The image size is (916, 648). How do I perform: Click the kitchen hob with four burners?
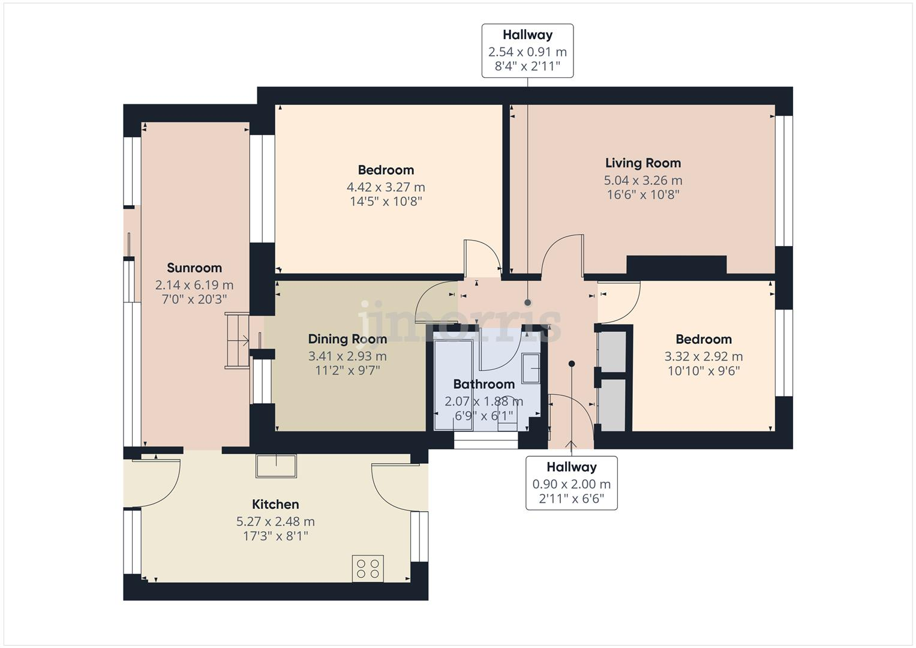coord(368,568)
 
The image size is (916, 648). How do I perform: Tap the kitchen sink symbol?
coord(276,466)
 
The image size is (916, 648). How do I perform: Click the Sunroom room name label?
coord(194,268)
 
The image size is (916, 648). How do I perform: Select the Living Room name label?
coord(642,163)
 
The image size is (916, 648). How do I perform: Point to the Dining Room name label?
coord(347,340)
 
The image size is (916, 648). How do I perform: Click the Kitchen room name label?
coord(275,505)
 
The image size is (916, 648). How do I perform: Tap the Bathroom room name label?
coord(483,385)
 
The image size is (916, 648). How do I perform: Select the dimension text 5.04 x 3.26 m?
coord(642,180)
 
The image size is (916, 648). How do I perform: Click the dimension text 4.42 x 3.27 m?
coord(386,187)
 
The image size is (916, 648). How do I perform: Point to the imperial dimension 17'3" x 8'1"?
coord(275,536)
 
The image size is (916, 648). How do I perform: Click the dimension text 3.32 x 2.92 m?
coord(703,356)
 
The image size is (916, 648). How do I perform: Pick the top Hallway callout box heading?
coord(527,35)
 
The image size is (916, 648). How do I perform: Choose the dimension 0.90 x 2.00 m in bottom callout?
coord(571,484)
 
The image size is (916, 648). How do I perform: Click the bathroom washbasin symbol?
coord(530,368)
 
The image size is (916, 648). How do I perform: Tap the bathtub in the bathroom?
coord(453,384)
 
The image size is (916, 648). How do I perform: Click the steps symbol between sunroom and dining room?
coord(238,341)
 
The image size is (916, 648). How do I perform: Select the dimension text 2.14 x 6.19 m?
coord(194,285)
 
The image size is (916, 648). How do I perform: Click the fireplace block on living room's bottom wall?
coord(676,264)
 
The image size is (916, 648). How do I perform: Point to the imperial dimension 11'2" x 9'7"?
coord(347,371)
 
